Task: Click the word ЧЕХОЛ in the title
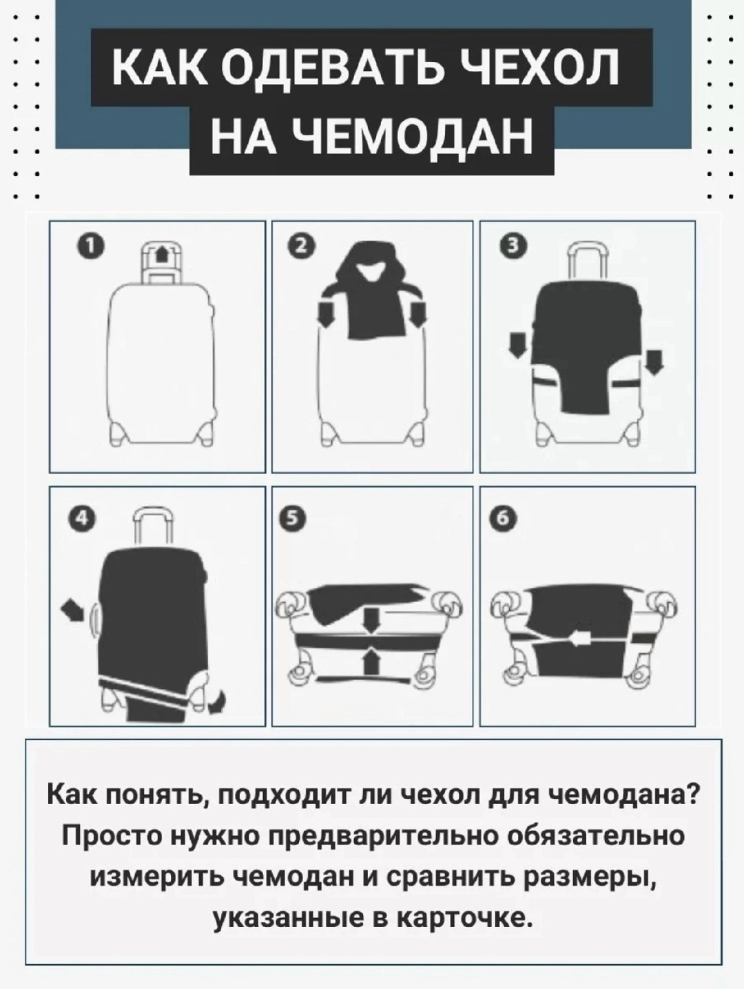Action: pos(541,67)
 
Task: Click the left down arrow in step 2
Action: pos(327,314)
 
